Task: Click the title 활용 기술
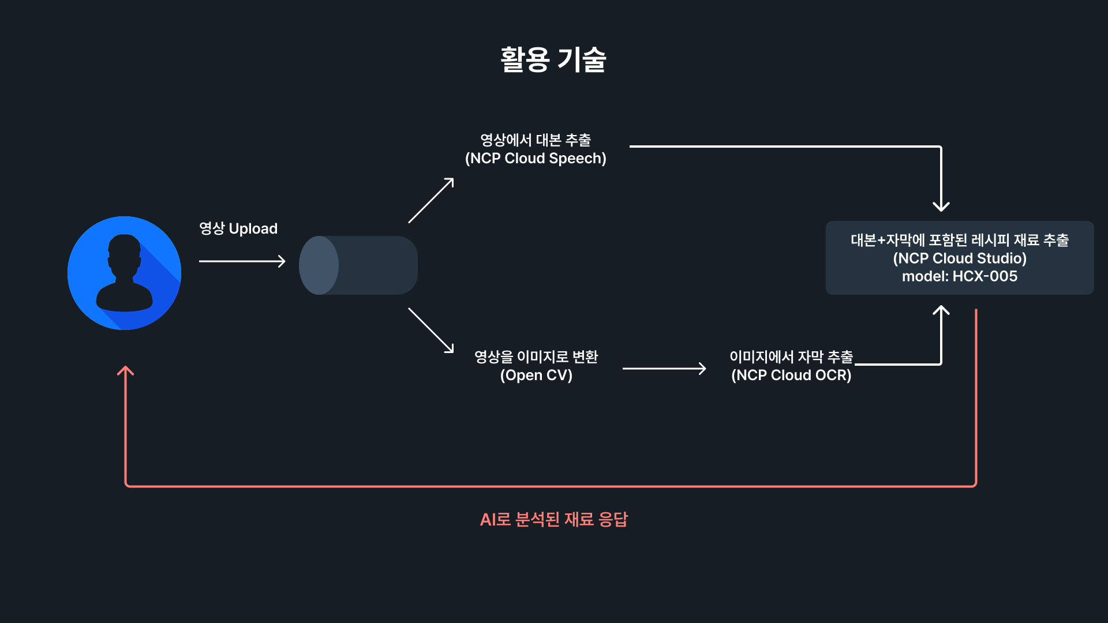[553, 59]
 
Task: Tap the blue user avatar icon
[124, 273]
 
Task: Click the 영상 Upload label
[238, 228]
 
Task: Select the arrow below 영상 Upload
[242, 261]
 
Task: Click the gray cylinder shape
[358, 265]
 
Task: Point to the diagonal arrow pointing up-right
[431, 200]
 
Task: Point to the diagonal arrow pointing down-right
[431, 330]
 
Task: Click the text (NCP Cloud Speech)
[536, 158]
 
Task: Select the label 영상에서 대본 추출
[536, 140]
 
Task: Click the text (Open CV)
[536, 375]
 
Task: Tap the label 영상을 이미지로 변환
[536, 356]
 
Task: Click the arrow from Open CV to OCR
[664, 369]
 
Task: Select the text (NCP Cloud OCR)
[791, 375]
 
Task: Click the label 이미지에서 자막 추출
[791, 356]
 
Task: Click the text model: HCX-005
[960, 276]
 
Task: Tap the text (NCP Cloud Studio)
[960, 258]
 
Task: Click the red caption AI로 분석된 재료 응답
[553, 519]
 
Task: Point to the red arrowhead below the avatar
[125, 370]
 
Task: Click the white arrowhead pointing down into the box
[941, 207]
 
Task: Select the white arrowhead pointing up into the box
[941, 310]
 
